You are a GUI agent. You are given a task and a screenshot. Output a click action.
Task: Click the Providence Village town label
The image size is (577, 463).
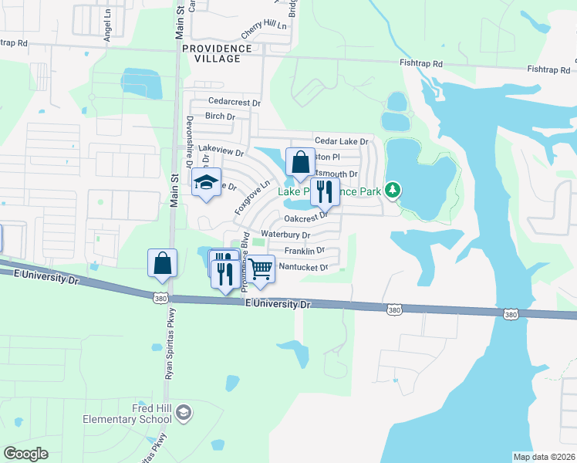coord(218,53)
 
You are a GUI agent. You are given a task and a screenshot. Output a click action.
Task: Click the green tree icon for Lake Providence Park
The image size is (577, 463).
coord(393,189)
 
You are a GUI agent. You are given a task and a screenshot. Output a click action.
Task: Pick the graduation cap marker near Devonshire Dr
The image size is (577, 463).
coord(206,183)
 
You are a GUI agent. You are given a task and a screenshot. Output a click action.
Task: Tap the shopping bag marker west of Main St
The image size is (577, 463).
coord(163,264)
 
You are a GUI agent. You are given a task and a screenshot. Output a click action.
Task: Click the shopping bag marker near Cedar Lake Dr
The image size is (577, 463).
coord(300,163)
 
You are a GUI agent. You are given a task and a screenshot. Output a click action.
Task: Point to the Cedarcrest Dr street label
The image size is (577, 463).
coord(235,102)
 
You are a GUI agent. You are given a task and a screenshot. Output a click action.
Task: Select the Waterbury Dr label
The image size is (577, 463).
coord(285,235)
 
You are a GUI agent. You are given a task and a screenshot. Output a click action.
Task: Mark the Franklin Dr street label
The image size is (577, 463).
coord(305,251)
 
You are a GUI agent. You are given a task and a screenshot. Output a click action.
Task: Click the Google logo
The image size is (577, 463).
coord(25,454)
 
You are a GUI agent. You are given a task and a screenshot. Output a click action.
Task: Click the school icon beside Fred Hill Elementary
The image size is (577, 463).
coord(184,414)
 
